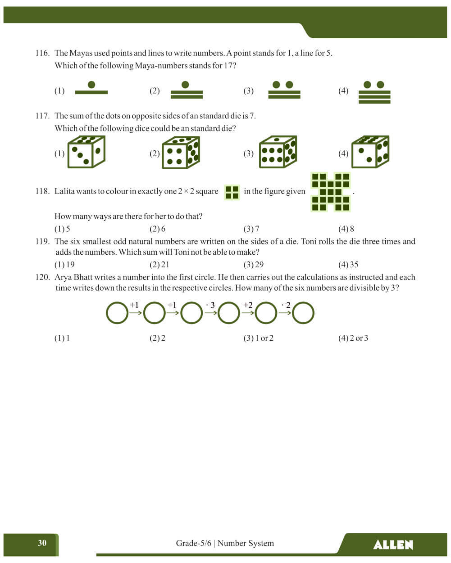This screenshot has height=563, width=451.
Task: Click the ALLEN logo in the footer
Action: (393, 545)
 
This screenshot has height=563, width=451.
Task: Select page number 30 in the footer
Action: (42, 543)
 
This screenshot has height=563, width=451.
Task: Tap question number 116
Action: (42, 53)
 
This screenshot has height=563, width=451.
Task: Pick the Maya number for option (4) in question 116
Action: (374, 92)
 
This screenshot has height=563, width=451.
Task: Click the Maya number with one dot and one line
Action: (91, 88)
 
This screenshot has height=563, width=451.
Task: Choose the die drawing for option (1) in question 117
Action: (86, 152)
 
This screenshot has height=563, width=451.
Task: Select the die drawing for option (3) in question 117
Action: (278, 152)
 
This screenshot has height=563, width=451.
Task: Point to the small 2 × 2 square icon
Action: (232, 192)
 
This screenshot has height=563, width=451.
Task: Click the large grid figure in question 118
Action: (331, 192)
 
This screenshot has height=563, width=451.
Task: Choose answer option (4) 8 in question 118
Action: (346, 229)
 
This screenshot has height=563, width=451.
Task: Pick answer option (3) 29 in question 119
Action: (254, 265)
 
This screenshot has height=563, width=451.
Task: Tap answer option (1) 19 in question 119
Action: (64, 265)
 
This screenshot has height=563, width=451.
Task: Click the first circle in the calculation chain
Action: (117, 313)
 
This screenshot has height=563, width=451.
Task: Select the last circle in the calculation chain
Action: (303, 313)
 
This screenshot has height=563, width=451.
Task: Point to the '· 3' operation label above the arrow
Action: (210, 305)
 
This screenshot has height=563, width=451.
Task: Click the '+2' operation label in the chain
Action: (248, 305)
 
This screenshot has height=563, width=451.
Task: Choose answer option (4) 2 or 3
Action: (353, 338)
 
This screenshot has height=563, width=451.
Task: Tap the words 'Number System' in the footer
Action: (246, 543)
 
